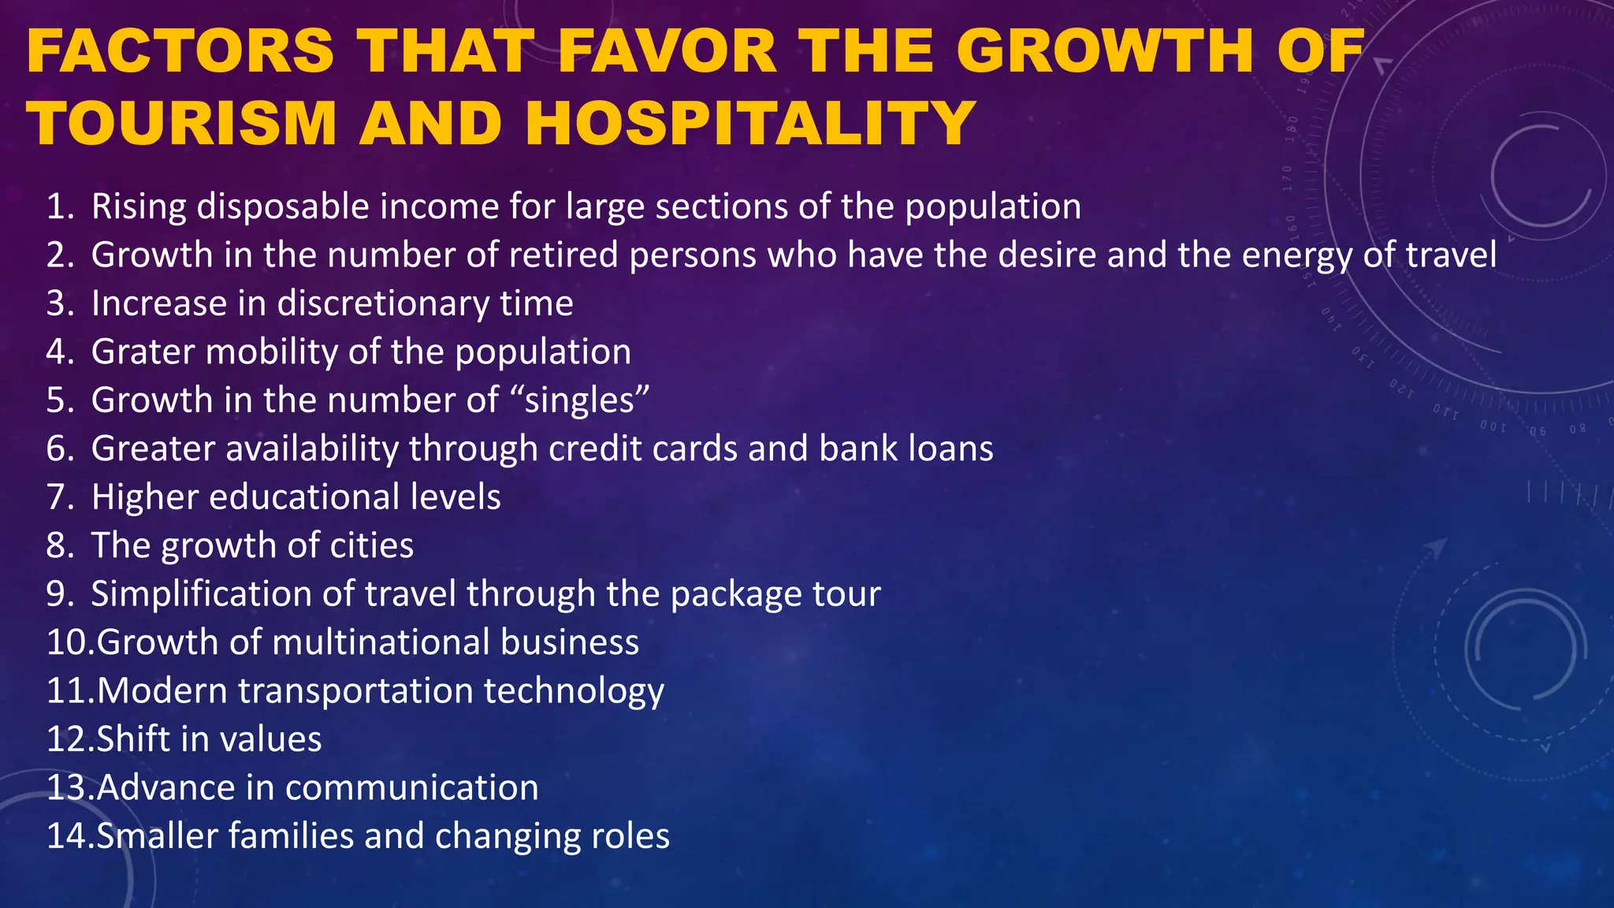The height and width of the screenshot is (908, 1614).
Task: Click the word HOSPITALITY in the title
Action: (751, 123)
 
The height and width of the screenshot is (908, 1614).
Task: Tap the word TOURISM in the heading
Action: (183, 123)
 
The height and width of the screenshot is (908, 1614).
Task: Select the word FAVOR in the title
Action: (668, 51)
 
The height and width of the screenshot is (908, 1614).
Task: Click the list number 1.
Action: (60, 207)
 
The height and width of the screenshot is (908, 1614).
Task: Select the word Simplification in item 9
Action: (201, 594)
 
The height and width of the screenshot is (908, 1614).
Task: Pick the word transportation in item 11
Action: (355, 690)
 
